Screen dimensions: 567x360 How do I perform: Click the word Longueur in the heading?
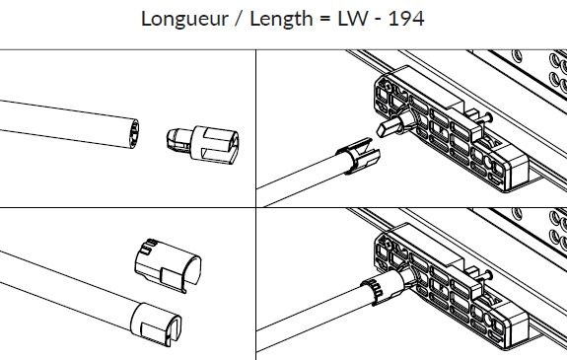(184, 19)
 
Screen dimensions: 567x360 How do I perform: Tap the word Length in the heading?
(281, 20)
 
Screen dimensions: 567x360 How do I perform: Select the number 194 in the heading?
(405, 19)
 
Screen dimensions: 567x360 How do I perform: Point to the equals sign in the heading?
(325, 19)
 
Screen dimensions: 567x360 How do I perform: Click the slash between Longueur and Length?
(239, 19)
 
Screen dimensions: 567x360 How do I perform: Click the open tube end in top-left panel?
(134, 134)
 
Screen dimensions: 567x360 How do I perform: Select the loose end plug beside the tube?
(202, 144)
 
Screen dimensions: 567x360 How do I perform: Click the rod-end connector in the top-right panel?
(358, 155)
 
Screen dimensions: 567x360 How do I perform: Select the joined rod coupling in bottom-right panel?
(387, 285)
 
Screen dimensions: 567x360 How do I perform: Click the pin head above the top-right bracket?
(488, 116)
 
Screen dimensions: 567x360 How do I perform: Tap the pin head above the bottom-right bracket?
(488, 274)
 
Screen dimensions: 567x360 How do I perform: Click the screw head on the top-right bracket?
(388, 87)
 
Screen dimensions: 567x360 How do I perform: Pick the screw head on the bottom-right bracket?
(388, 245)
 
